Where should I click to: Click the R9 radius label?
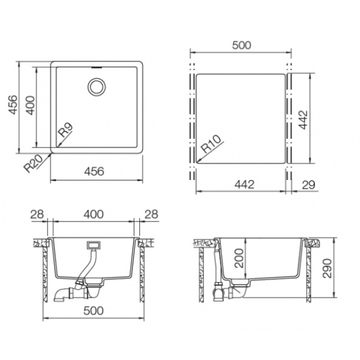65,130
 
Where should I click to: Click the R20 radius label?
34,163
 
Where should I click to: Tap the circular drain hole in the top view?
97,87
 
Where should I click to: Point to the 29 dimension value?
308,185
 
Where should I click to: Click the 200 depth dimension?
239,258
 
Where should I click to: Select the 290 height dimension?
327,268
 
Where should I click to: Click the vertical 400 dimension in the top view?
31,106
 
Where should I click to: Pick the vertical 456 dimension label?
13,104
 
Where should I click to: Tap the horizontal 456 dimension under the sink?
94,171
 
